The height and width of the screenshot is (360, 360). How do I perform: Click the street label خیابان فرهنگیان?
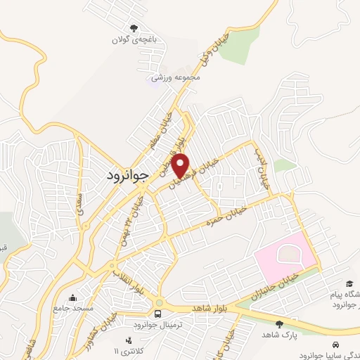coord(200,172)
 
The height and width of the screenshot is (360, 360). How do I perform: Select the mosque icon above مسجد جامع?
coord(73,297)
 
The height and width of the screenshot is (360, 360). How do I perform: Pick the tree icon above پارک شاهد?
coord(281,324)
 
